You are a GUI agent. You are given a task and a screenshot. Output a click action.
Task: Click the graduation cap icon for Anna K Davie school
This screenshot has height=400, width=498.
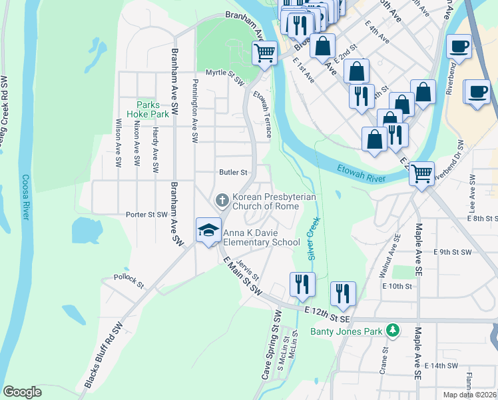pos(208,230)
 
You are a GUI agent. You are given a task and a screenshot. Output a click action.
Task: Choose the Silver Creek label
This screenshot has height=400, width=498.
pos(313,237)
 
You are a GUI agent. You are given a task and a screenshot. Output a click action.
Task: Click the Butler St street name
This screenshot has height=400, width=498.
pos(234,172)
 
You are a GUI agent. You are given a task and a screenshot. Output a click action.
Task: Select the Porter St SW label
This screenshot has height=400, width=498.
pos(146,215)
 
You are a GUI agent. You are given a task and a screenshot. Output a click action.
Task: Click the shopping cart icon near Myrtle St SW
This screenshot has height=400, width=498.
pos(264,53)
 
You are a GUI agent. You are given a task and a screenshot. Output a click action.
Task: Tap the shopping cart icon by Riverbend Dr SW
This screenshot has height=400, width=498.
pos(421,174)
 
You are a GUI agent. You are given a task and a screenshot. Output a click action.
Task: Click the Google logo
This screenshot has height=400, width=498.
pos(22,391)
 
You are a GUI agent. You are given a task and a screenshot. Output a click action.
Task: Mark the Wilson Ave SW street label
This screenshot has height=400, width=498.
pos(119,143)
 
